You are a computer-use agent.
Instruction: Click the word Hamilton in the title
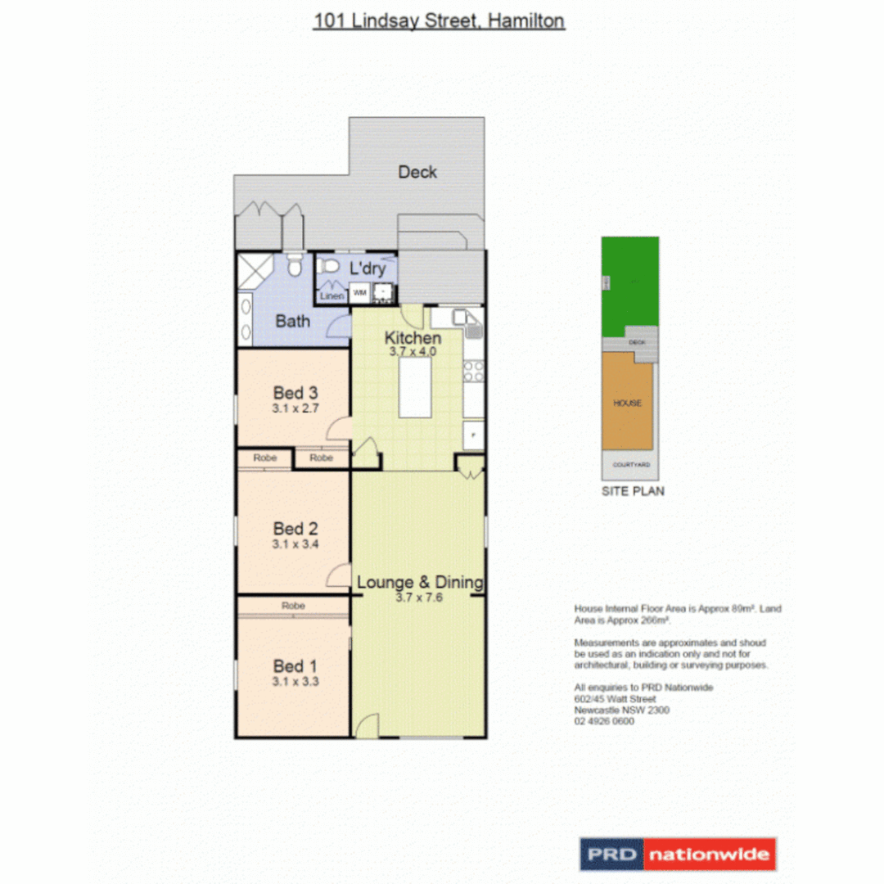[525, 20]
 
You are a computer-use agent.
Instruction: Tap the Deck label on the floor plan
[417, 172]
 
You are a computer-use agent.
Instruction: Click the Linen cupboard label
[332, 295]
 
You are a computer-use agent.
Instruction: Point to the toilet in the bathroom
[296, 264]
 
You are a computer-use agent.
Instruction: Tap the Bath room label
[292, 321]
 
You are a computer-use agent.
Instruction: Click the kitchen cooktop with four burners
[473, 371]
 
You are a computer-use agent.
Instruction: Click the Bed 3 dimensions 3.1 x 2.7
[295, 408]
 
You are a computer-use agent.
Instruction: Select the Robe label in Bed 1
[293, 607]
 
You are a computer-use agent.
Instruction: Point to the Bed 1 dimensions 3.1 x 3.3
[295, 680]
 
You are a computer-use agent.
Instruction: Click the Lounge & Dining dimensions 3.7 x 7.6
[418, 598]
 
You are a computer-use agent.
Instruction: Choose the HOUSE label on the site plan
[628, 403]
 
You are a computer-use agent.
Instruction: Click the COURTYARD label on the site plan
[631, 465]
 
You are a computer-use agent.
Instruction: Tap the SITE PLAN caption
[633, 491]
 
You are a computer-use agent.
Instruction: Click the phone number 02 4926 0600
[604, 721]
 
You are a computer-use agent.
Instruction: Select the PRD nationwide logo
[678, 855]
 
